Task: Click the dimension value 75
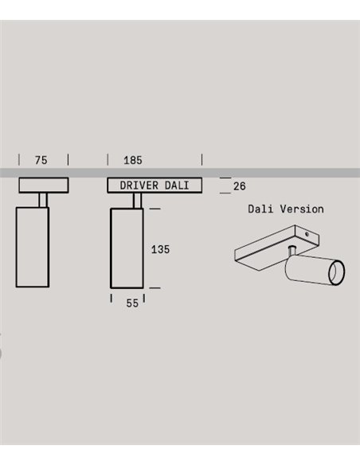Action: [x=41, y=160]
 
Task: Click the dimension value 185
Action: [x=133, y=160]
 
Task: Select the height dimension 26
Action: [x=239, y=186]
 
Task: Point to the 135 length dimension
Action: [x=160, y=249]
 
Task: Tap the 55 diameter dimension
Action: [x=132, y=303]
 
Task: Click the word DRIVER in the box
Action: [x=139, y=186]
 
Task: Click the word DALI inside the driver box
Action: [x=177, y=186]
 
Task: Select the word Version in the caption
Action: [x=302, y=209]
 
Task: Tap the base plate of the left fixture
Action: [x=44, y=186]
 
